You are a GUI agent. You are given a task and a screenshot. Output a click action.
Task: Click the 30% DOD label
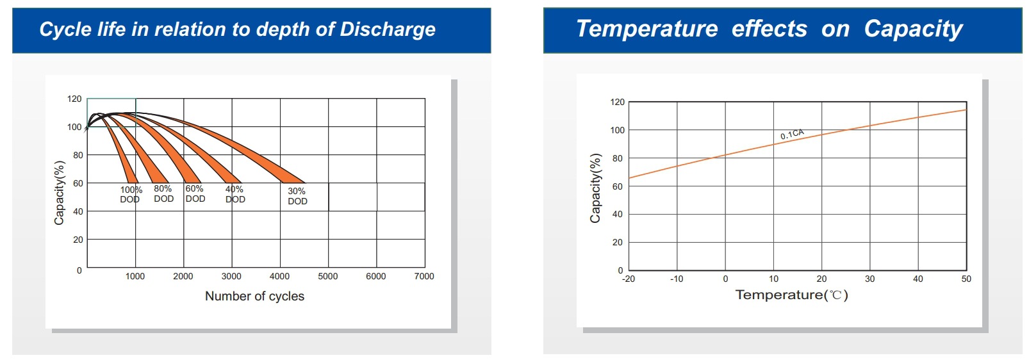[x=297, y=196]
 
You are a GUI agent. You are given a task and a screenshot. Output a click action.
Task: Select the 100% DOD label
[x=131, y=194]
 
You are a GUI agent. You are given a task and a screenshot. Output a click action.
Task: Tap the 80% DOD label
[x=163, y=193]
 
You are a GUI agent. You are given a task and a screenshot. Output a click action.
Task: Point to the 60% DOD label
[x=195, y=193]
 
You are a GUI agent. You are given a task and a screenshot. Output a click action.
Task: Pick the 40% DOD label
[x=235, y=194]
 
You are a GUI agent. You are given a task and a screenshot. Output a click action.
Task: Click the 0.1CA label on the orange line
[x=792, y=134]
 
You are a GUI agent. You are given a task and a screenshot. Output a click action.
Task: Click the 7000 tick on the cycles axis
[x=424, y=276]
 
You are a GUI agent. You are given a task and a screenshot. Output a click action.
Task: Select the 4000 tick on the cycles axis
[x=279, y=276]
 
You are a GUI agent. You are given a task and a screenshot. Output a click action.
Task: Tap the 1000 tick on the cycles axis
[x=135, y=276]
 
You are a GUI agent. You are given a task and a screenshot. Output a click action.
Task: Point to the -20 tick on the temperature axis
[x=629, y=279]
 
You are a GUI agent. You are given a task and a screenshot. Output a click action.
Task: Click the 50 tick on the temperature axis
[x=966, y=279]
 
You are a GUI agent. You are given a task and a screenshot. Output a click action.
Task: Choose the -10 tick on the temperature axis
[x=677, y=279]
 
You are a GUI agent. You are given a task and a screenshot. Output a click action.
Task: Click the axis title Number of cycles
[x=254, y=296]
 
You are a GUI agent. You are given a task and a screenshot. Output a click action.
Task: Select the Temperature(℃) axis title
[x=791, y=295]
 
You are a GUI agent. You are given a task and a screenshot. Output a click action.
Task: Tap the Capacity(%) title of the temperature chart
[x=595, y=188]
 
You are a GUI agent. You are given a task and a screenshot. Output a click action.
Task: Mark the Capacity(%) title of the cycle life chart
[x=60, y=192]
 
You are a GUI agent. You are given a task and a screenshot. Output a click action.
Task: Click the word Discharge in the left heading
[x=387, y=29]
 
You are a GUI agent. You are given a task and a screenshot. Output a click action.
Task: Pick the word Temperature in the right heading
[x=647, y=29]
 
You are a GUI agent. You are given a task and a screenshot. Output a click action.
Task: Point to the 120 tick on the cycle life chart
[x=74, y=99]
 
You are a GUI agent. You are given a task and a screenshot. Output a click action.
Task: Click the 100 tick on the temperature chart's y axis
[x=617, y=130]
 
